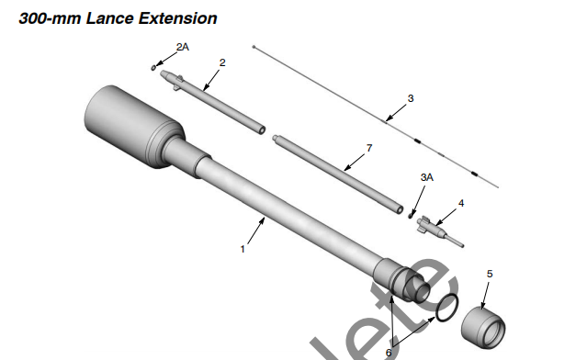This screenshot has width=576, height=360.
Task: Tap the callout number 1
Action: (x=242, y=249)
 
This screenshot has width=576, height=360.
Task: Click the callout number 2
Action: (x=222, y=62)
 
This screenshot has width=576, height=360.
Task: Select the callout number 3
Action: (x=411, y=97)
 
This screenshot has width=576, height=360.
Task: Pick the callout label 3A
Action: (x=426, y=175)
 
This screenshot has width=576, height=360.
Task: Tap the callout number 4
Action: (x=461, y=202)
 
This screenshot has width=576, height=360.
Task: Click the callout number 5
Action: (x=489, y=273)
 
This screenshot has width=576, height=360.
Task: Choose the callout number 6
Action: (x=389, y=351)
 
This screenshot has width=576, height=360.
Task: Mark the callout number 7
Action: (x=368, y=147)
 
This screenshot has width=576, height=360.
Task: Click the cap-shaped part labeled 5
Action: (x=484, y=324)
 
